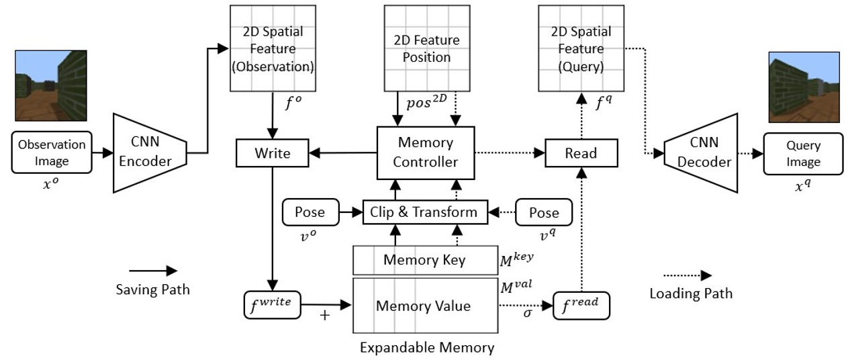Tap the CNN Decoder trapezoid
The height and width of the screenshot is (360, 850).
coord(700,153)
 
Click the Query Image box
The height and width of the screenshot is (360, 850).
coord(803,154)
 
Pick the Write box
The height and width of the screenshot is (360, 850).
coord(273,153)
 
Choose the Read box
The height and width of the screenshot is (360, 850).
coord(580,153)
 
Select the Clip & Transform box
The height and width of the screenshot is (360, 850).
coord(424,212)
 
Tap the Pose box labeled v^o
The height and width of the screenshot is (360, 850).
coord(310,212)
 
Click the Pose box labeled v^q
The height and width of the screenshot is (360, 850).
coord(543,212)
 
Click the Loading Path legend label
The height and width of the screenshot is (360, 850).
coord(691,293)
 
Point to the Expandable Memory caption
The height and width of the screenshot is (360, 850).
coord(427,348)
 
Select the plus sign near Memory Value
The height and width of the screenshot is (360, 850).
coord(325,314)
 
